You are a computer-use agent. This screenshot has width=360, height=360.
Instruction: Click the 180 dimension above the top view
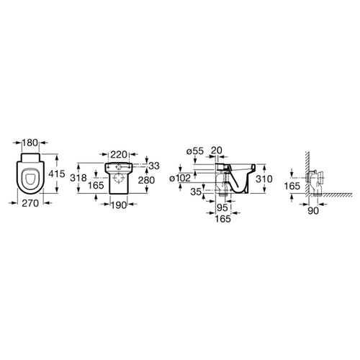tap(30, 143)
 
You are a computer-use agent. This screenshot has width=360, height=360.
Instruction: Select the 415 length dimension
tap(57, 174)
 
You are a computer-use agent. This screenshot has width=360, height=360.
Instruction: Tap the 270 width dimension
tap(30, 203)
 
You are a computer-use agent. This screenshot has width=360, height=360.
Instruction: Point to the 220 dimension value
tap(119, 154)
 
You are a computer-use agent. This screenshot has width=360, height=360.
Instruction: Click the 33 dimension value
tap(154, 166)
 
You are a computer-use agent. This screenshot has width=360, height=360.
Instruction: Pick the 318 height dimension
tap(78, 178)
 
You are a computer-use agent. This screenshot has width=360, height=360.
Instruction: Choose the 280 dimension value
tap(146, 180)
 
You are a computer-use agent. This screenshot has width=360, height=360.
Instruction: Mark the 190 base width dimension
tap(119, 205)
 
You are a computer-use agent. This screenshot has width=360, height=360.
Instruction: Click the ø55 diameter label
tap(195, 151)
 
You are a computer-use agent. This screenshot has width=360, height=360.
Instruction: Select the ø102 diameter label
tap(180, 178)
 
